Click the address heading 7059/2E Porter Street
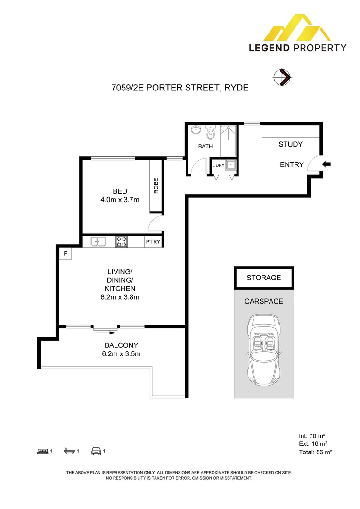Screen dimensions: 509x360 pyautogui.click(x=180, y=88)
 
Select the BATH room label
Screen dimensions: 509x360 pyautogui.click(x=205, y=146)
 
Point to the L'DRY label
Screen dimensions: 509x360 pyautogui.click(x=218, y=165)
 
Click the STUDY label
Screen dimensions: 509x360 pyautogui.click(x=290, y=144)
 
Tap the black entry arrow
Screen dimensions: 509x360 pyautogui.click(x=327, y=164)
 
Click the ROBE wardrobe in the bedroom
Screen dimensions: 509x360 pyautogui.click(x=156, y=186)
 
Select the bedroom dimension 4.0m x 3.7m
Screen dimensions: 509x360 pyautogui.click(x=120, y=199)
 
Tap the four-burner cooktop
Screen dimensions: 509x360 pyautogui.click(x=122, y=242)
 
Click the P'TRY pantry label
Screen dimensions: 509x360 pyautogui.click(x=153, y=242)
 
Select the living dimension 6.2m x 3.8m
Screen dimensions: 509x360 pyautogui.click(x=120, y=297)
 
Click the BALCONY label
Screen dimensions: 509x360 pyautogui.click(x=120, y=345)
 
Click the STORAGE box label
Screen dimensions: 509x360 pyautogui.click(x=263, y=278)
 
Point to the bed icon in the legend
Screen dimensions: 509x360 pyautogui.click(x=42, y=452)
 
